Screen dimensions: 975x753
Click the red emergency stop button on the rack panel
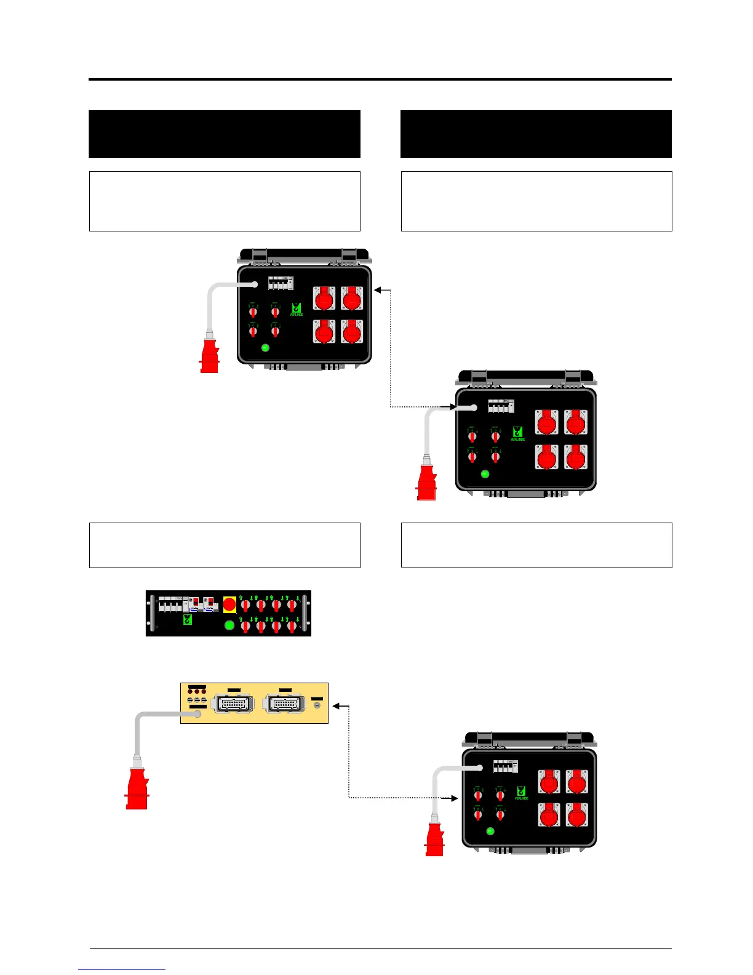pyautogui.click(x=229, y=604)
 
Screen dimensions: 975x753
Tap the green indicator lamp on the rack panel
pyautogui.click(x=229, y=625)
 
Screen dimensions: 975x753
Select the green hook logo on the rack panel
pyautogui.click(x=188, y=620)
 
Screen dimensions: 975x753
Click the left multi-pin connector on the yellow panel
pyautogui.click(x=232, y=704)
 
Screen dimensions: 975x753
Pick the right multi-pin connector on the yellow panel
pyautogui.click(x=284, y=704)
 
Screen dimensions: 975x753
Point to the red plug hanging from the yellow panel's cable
pyautogui.click(x=137, y=788)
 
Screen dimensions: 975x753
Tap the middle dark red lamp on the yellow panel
pyautogui.click(x=197, y=691)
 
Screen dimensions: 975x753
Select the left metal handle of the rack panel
pyautogui.click(x=151, y=613)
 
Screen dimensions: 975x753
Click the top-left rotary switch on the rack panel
pyautogui.click(x=245, y=604)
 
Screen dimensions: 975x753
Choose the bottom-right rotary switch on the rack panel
pyautogui.click(x=292, y=627)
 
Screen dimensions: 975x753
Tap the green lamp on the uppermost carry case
pyautogui.click(x=265, y=348)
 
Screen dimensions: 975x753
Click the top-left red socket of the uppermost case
pyautogui.click(x=324, y=299)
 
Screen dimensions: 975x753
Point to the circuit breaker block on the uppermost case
pyautogui.click(x=281, y=283)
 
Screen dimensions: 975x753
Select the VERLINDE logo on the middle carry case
pyautogui.click(x=518, y=434)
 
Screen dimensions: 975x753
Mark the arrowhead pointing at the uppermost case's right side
pyautogui.click(x=378, y=289)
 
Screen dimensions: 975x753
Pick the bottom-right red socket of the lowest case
pyautogui.click(x=576, y=816)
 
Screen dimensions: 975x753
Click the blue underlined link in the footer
pyautogui.click(x=122, y=969)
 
